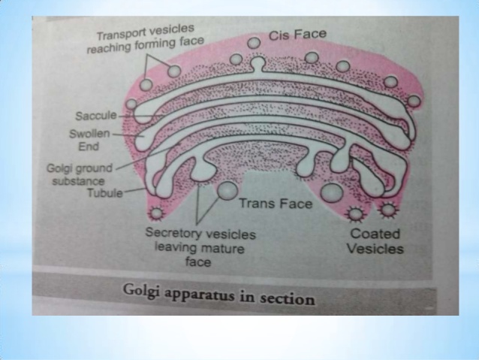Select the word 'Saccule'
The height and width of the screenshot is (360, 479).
click(x=93, y=116)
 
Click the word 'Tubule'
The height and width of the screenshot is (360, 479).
click(x=104, y=193)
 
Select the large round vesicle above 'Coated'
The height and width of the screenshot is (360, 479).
click(x=330, y=193)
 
